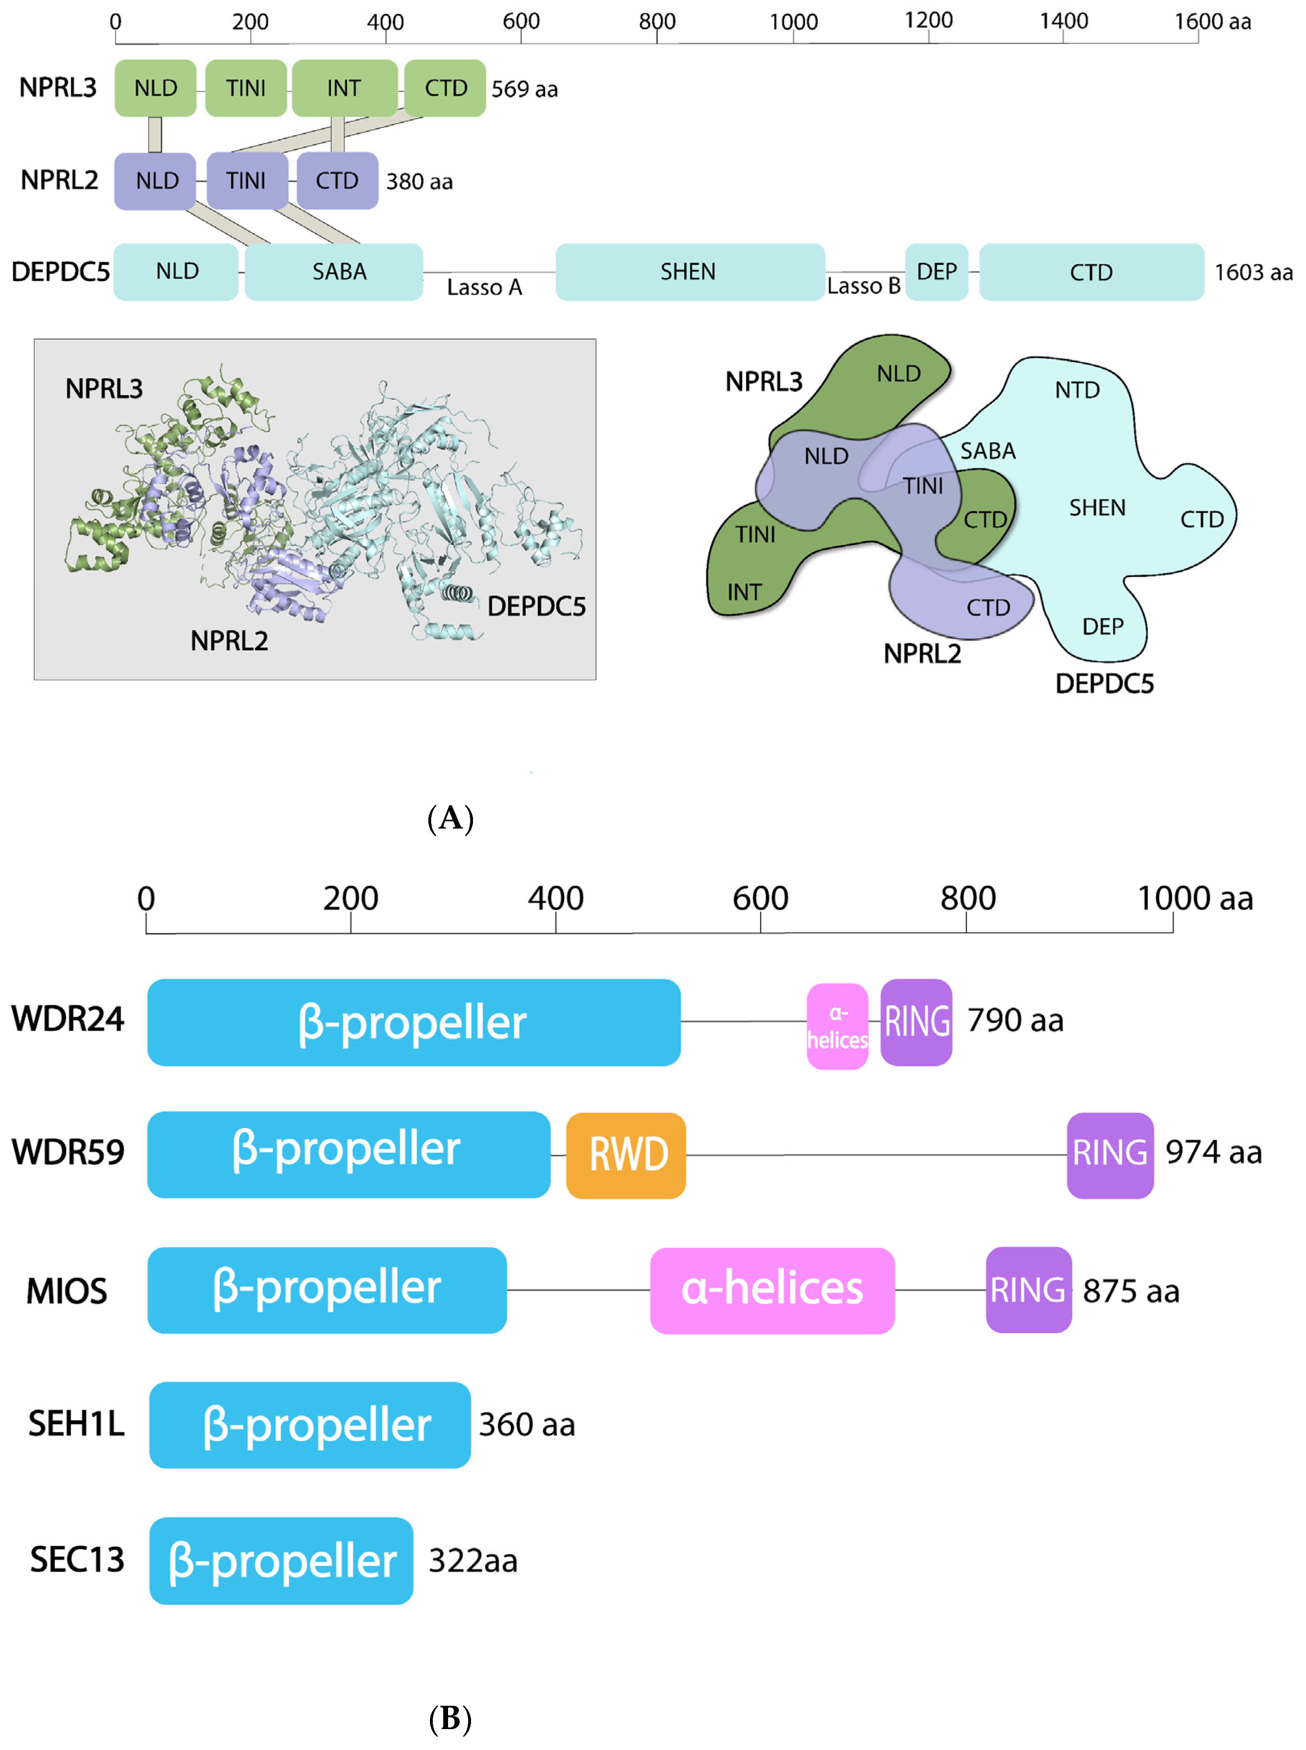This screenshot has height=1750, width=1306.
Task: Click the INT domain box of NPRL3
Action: pos(344,88)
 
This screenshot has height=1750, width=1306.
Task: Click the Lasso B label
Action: pos(863,286)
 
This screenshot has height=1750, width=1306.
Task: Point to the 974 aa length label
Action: pos(1213,1152)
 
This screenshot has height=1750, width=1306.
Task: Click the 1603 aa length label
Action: pos(1253,273)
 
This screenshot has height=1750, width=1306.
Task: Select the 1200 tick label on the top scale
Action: pos(928,21)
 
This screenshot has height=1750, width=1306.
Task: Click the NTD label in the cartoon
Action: pos(1077,390)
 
